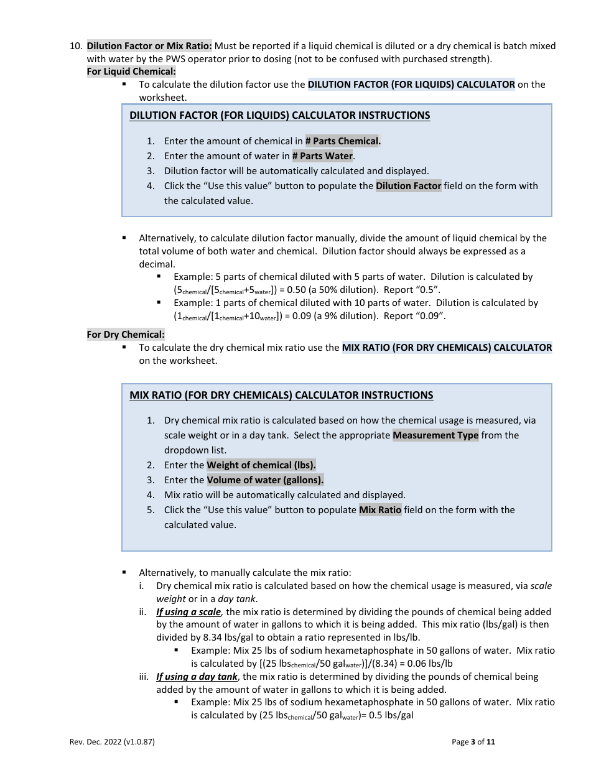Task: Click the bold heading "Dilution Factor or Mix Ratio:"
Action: click(149, 46)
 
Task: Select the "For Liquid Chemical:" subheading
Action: click(131, 72)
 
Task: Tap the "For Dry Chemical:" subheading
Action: click(126, 335)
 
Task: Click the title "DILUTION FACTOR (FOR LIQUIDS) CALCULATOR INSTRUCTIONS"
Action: click(279, 116)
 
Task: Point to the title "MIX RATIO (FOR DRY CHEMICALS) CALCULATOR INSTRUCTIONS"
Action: click(281, 395)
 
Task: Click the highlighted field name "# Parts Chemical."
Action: click(343, 141)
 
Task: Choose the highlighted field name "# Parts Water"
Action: click(322, 156)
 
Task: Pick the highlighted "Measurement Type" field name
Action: click(435, 435)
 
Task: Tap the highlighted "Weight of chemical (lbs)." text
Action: click(261, 465)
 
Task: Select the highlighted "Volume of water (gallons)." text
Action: click(265, 480)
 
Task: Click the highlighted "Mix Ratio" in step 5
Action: click(380, 510)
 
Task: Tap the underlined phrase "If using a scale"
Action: click(188, 612)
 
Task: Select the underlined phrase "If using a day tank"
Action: click(197, 677)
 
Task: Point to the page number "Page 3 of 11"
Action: click(473, 741)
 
